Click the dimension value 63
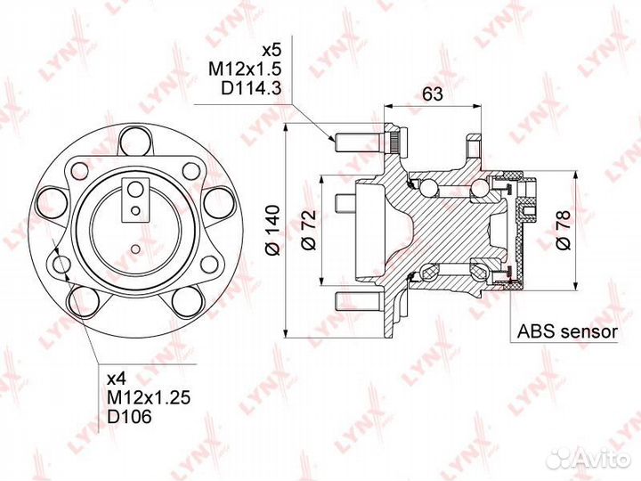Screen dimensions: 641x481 click(432, 94)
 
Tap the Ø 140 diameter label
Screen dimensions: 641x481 click(272, 231)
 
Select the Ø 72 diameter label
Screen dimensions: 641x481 click(309, 230)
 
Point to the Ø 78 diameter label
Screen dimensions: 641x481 click(563, 230)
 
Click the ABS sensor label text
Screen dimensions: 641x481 click(567, 331)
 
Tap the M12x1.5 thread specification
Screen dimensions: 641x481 click(245, 69)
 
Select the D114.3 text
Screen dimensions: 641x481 click(251, 88)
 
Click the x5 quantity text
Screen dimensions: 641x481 click(272, 51)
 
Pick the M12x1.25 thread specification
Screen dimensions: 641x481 click(149, 397)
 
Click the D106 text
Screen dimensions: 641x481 click(129, 416)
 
